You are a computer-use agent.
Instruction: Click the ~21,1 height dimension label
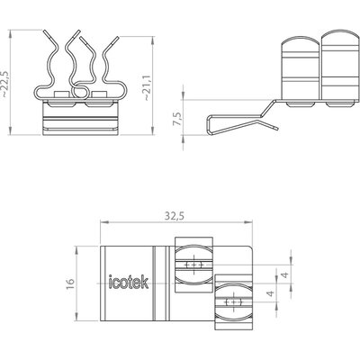coord(148,87)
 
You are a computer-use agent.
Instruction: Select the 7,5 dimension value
coord(177,119)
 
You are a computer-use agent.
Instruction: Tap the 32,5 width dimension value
coord(174,216)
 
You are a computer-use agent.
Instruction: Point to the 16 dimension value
coord(69,283)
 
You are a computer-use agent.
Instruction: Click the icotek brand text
coord(129,282)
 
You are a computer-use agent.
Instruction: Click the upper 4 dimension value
coord(285,274)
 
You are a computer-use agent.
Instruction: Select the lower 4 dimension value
coord(271,293)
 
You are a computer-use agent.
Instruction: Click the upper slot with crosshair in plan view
coord(194,265)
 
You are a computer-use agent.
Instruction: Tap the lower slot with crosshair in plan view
coord(234,301)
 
